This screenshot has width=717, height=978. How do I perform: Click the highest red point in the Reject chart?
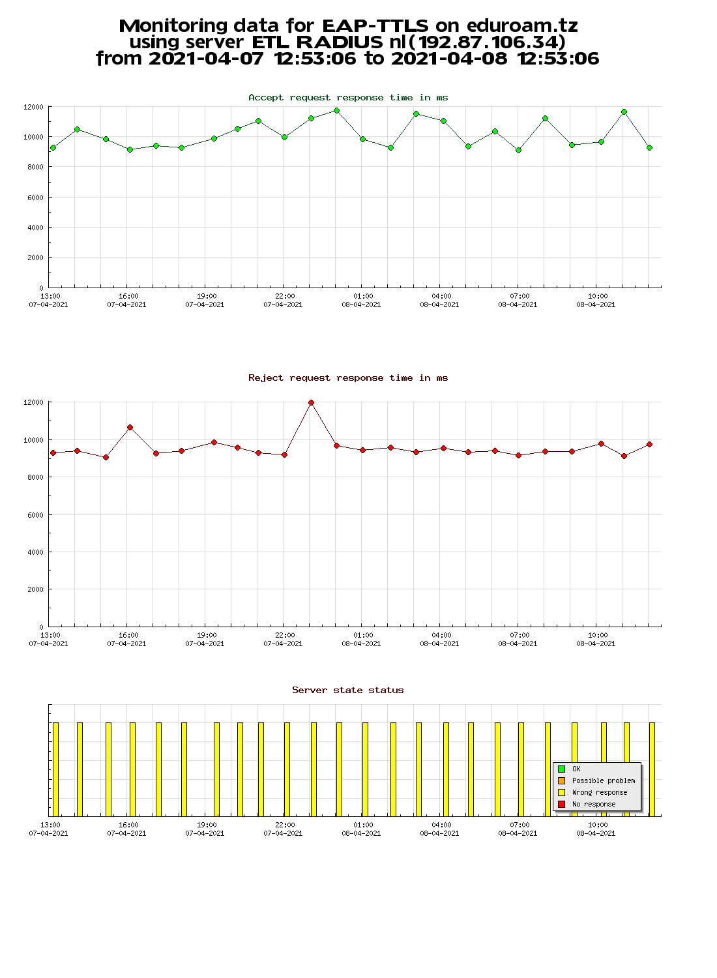coord(311,402)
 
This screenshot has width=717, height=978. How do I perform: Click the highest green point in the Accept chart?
coord(336,110)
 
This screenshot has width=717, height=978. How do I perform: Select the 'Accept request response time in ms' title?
coord(348,98)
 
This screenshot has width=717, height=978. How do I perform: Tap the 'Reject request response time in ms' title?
coord(348,378)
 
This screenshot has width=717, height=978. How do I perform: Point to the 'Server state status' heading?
coord(348,690)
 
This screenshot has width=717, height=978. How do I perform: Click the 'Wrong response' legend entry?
coord(599,792)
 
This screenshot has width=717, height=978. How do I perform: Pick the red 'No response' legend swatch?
coord(562,804)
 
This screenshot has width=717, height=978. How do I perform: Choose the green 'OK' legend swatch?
coord(562,769)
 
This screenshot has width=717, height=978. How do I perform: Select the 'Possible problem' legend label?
coord(604,780)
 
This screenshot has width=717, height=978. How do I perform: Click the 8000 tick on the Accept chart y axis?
coord(35,167)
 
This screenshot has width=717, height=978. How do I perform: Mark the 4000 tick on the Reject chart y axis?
coord(35,552)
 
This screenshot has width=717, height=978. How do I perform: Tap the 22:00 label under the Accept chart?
coord(285,296)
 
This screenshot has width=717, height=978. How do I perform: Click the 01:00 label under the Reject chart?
coord(363,635)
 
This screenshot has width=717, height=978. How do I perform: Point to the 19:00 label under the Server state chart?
coord(207,825)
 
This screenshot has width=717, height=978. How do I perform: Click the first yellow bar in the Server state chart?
coord(55,769)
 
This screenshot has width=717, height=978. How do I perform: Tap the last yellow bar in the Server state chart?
coord(652,769)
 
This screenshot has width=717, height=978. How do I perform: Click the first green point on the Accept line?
coord(53,148)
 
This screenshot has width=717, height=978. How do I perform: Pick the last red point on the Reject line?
coord(649,445)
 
